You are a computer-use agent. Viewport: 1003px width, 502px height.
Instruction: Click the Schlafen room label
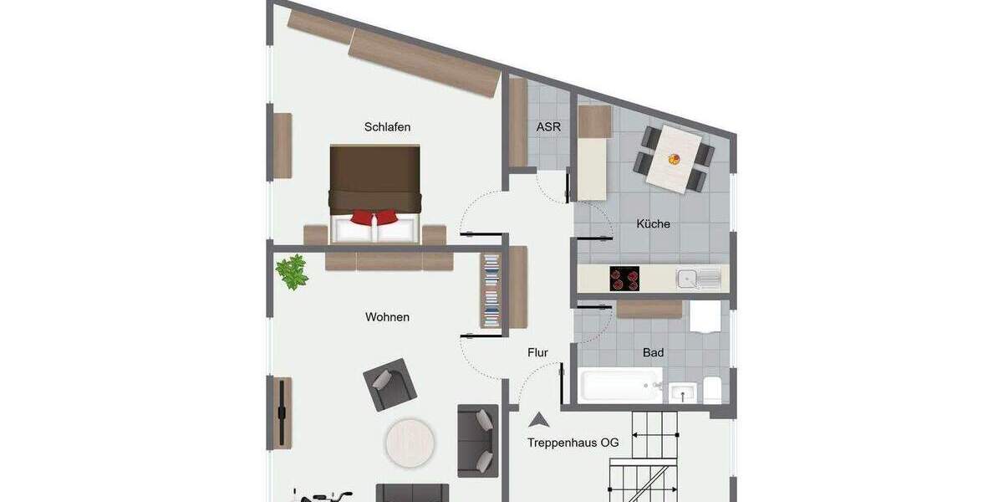coord(387,127)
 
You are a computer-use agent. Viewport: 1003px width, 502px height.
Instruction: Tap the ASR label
coord(548,128)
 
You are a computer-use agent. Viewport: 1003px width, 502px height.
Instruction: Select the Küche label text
coord(653,224)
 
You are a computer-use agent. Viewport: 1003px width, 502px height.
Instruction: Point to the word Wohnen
coord(387,318)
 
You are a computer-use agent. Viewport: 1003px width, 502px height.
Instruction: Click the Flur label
coord(537,353)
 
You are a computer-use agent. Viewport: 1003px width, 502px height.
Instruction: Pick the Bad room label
coord(653,353)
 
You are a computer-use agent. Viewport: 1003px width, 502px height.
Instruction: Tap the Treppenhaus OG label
coord(573,443)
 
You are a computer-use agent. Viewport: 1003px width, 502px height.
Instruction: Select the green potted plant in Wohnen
coord(292,272)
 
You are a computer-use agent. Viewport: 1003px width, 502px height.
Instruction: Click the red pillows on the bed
coord(375,218)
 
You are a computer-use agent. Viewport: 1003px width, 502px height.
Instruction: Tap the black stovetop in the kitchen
coord(624,279)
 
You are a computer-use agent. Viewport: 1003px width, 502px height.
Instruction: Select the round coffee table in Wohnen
coord(410,441)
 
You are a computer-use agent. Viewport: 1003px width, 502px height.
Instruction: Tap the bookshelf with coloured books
coord(491,290)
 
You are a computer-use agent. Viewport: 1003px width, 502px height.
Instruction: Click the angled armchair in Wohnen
coord(389,384)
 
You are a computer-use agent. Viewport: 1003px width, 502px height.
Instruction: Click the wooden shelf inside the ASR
coord(518,122)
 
